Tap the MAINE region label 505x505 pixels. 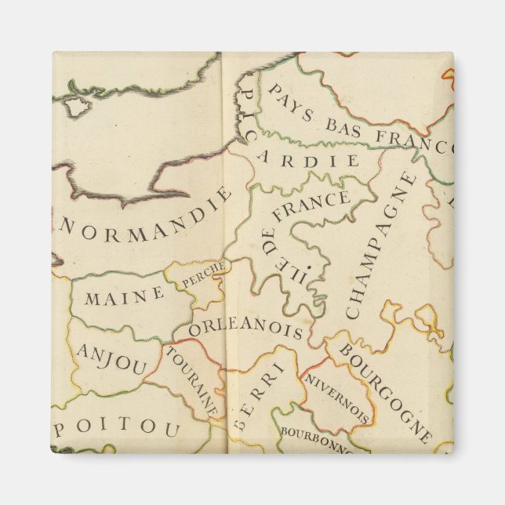[124, 296]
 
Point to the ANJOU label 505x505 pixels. [111, 358]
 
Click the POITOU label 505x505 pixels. [118, 428]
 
